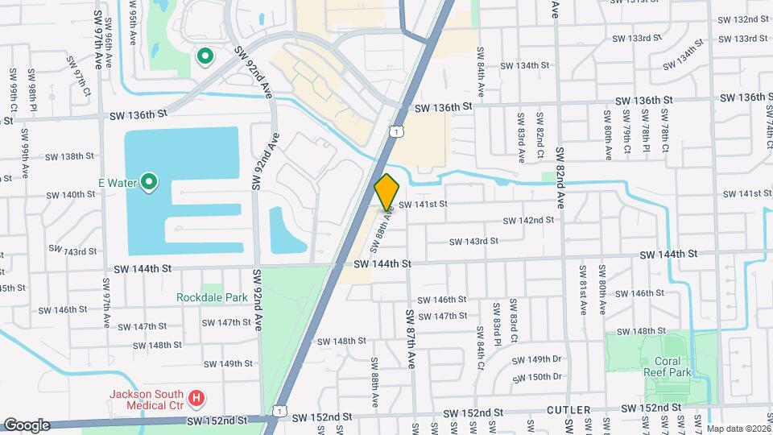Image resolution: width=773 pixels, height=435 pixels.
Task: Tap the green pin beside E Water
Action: click(149, 183)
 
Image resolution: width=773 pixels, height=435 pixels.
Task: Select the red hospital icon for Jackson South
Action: click(196, 398)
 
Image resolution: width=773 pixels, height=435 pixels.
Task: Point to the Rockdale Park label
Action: click(213, 297)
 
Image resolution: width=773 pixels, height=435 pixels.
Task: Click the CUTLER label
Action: click(569, 411)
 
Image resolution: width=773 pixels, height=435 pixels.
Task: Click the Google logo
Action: click(27, 425)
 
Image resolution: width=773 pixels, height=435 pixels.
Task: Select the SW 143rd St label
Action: click(473, 241)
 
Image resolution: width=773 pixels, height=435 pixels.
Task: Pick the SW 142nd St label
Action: click(529, 220)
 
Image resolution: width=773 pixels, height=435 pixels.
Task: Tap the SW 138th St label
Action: click(70, 157)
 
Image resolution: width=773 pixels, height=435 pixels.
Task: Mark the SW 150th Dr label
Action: click(539, 377)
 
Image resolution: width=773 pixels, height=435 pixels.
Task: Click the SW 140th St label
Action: click(71, 195)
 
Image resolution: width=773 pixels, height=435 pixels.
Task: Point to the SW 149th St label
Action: click(228, 364)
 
